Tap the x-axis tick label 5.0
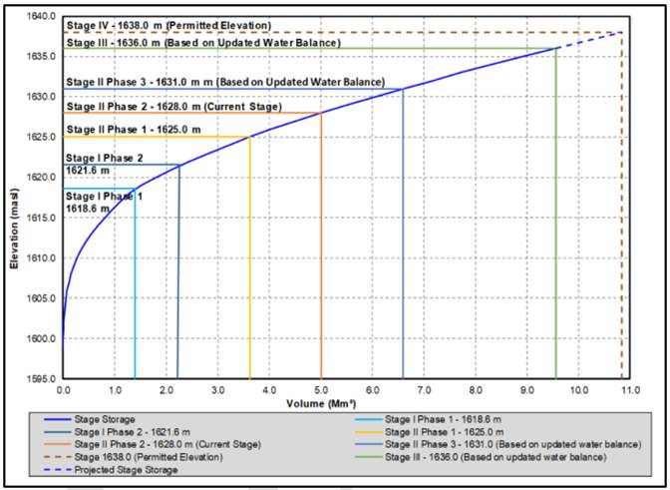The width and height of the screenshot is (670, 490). point(321,391)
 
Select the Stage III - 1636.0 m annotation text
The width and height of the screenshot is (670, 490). point(203,43)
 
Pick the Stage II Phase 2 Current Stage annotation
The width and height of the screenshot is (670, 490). point(173,106)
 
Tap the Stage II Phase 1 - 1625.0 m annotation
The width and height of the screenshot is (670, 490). point(133,130)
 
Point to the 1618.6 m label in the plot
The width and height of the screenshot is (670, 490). point(88,209)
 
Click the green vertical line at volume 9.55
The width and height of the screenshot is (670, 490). point(555,220)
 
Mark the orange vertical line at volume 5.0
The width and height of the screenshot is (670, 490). point(321,249)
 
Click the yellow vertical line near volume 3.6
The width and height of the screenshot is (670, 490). point(249,259)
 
